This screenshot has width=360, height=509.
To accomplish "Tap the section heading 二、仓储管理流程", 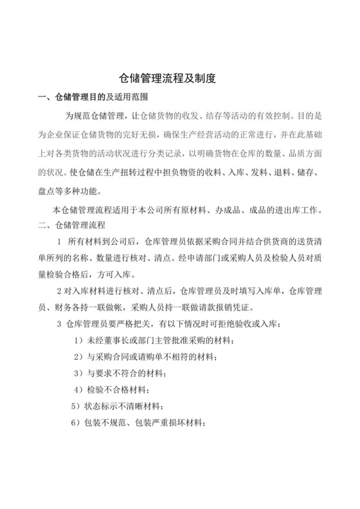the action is [76, 226].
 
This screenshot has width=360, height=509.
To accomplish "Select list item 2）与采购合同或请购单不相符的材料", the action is [154, 357].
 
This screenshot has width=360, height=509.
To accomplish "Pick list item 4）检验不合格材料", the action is [111, 390].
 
